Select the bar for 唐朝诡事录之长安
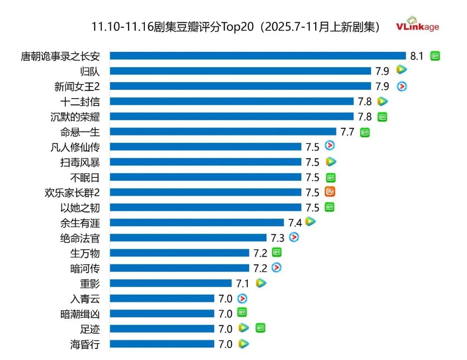point(258,56)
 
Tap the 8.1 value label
point(417,56)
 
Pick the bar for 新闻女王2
point(240,86)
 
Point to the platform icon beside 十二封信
point(382,101)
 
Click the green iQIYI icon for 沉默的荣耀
point(382,116)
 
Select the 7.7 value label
point(348,132)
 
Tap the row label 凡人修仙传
point(75,147)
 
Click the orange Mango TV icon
point(330,192)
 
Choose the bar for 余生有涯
point(197,222)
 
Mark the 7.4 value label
point(295,223)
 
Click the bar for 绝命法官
point(188,238)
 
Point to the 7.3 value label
point(278,238)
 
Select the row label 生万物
point(85,253)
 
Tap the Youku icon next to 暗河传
point(277,268)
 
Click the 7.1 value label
point(243,284)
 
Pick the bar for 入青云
point(162,299)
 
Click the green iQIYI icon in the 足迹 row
point(260,328)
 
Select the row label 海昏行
point(85,344)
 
